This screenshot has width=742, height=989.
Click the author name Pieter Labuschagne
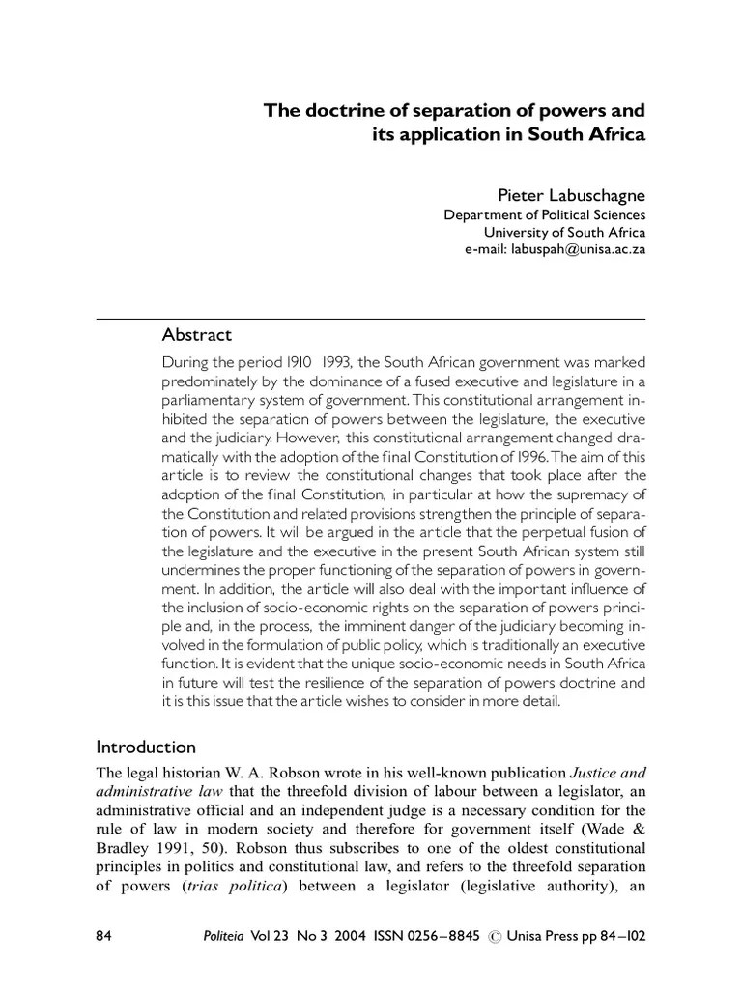(571, 197)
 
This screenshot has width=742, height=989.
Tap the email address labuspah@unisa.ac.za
(556, 248)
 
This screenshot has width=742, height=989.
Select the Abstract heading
(197, 335)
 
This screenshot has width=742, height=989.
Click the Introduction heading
(146, 747)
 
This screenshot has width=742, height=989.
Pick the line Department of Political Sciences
(544, 215)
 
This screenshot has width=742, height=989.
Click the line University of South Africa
(564, 232)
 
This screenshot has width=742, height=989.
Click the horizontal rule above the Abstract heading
(371, 318)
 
